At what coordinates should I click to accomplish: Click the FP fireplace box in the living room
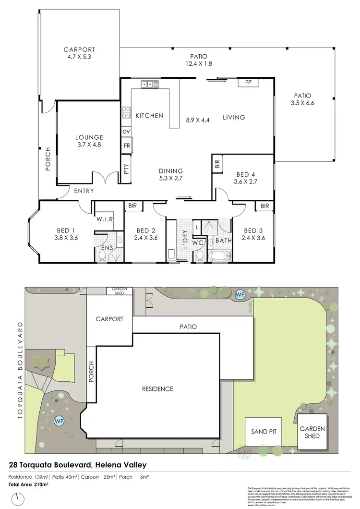tap(249, 83)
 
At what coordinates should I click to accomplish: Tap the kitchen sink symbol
tap(150, 85)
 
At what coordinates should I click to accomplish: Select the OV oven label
tap(127, 131)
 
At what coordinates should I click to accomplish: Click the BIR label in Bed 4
tap(217, 164)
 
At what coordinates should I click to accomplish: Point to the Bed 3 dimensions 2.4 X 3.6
tap(253, 238)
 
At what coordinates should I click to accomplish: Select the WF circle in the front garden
tap(59, 421)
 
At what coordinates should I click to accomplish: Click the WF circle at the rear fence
tap(240, 293)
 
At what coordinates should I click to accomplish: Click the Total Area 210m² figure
tap(28, 485)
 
